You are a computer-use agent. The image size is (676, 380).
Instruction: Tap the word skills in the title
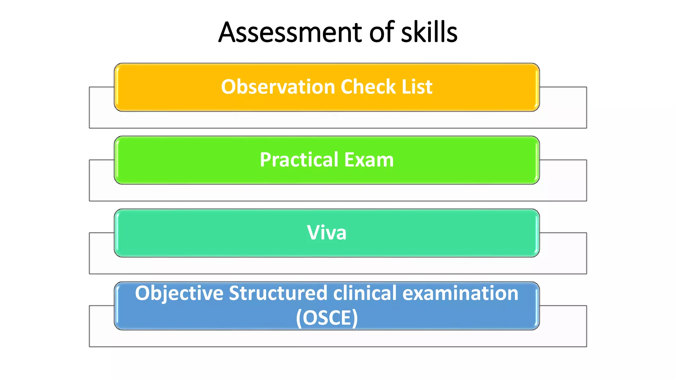[429, 32]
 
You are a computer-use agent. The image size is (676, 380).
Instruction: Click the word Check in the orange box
[368, 87]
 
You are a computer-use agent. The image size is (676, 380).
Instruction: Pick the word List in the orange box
[417, 87]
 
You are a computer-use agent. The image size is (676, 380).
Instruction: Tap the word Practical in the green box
[299, 160]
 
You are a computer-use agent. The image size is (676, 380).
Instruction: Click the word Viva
[326, 233]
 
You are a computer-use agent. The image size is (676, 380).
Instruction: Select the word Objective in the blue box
[179, 293]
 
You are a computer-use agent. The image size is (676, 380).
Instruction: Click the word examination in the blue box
[460, 293]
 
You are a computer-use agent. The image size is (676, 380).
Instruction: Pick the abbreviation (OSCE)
[327, 318]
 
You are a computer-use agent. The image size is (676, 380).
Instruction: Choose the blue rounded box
[125, 307]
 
